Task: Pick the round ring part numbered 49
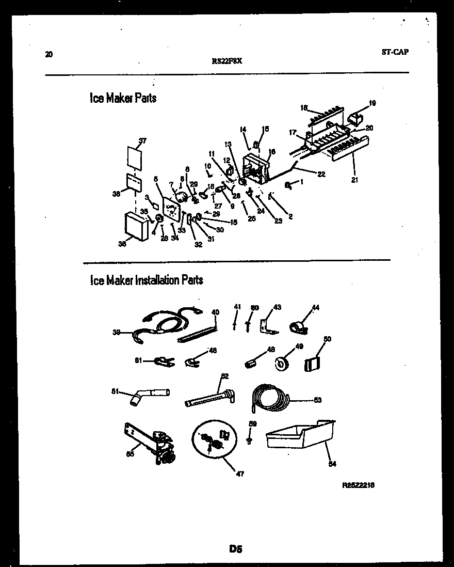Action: tap(282, 364)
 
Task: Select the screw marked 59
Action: tap(250, 439)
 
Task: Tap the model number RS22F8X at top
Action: tap(227, 60)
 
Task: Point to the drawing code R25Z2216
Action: tap(359, 485)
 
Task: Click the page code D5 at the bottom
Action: tap(236, 550)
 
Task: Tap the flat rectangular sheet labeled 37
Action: tap(134, 158)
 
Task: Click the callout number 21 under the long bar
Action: tap(355, 180)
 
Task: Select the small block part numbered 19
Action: tap(355, 120)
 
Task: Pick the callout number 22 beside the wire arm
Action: tap(321, 174)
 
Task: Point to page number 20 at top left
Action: tap(48, 54)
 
